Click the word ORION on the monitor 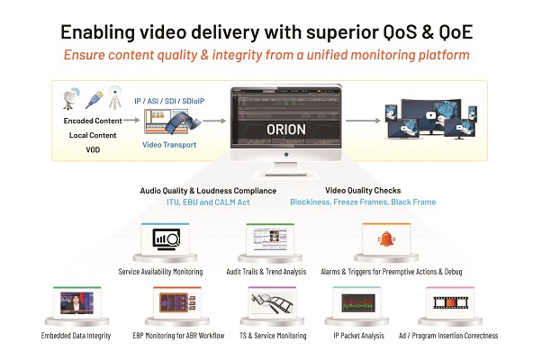point(286,130)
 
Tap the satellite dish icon point(71,98)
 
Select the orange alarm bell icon point(386,239)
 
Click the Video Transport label point(169,145)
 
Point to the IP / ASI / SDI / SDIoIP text point(169,101)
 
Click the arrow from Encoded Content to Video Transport point(131,121)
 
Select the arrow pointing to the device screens point(363,121)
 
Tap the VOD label point(93,149)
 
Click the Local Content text point(93,135)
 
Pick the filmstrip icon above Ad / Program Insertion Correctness point(451,302)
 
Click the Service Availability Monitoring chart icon point(167,239)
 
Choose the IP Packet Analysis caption point(359,336)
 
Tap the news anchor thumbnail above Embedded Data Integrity point(77,303)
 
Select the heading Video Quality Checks point(363,191)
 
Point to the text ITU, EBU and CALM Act point(208,202)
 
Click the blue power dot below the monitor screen point(286,155)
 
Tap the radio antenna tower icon point(114,97)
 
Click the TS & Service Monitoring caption point(273,336)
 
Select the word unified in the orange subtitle point(327,55)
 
